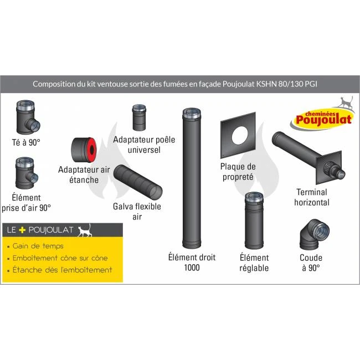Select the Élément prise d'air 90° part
25,172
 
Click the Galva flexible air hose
138,182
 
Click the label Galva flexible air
137,212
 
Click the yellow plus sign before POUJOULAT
23,229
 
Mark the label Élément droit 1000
192,263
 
